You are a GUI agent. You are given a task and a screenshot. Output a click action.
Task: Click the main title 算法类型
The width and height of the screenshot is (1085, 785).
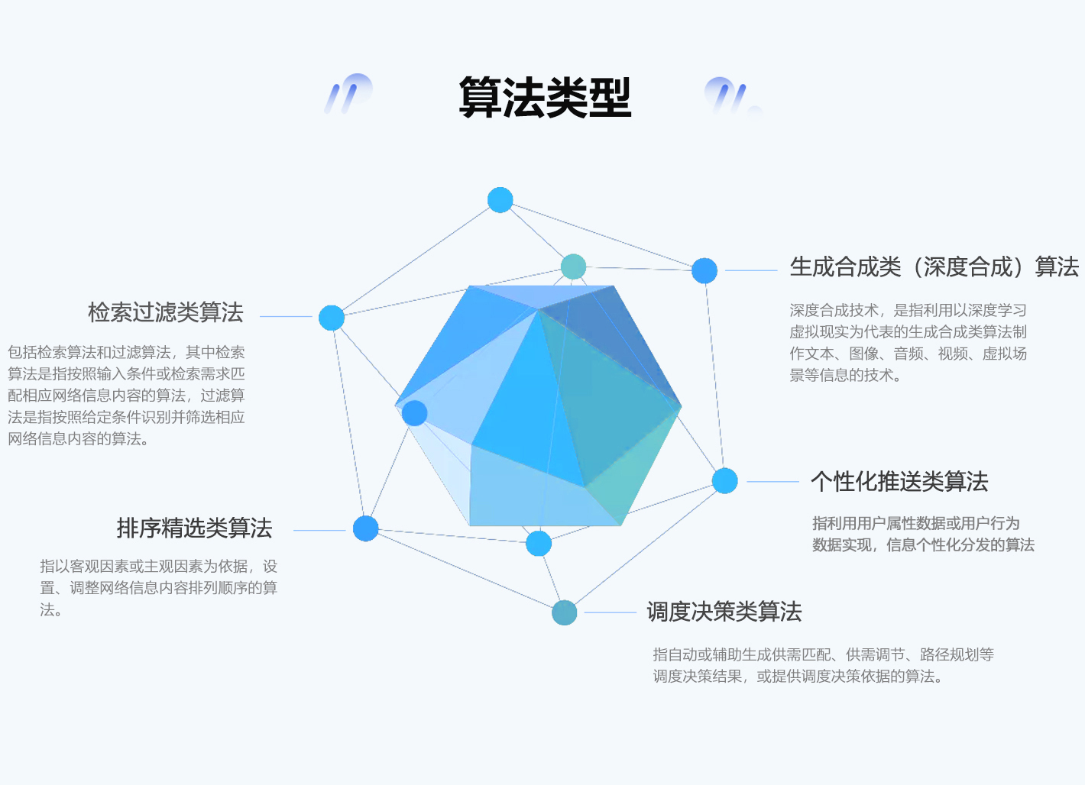(545, 98)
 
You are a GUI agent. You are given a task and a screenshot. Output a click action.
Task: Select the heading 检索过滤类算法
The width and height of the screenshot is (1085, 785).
(165, 312)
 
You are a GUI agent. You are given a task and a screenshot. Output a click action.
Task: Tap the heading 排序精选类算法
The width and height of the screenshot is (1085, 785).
(194, 528)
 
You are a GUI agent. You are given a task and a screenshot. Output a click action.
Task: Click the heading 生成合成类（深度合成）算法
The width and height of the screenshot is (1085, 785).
(934, 267)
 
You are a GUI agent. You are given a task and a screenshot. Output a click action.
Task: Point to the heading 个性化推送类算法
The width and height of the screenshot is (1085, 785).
(899, 482)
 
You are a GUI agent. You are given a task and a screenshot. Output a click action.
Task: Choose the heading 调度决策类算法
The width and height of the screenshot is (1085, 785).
(724, 612)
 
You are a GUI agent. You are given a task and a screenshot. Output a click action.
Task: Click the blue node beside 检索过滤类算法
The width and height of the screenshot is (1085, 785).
(332, 318)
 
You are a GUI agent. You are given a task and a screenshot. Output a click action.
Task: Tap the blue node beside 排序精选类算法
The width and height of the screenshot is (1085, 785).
(366, 528)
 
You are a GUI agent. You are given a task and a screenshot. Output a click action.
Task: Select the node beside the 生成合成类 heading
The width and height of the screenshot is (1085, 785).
(704, 270)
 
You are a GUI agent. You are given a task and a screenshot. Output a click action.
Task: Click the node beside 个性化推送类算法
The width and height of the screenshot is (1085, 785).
(725, 481)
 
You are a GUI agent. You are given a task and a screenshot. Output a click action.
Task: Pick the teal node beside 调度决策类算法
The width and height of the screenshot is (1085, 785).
(565, 612)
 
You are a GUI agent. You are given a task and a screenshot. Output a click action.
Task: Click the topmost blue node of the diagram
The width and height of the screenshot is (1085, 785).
(500, 200)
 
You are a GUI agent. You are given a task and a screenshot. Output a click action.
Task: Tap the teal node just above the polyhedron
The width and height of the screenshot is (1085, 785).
(573, 267)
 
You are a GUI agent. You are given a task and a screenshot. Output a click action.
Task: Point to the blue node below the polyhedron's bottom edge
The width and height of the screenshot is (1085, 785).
(539, 544)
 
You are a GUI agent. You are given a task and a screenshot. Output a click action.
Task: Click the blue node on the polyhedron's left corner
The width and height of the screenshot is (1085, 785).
(415, 413)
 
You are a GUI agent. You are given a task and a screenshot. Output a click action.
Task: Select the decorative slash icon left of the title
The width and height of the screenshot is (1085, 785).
(348, 94)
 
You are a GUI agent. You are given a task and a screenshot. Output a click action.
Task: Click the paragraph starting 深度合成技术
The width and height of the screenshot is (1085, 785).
(908, 343)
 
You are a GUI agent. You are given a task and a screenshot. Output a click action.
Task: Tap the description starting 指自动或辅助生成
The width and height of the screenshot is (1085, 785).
(823, 665)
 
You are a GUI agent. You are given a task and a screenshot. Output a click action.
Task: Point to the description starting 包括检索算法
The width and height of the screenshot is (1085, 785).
(126, 396)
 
